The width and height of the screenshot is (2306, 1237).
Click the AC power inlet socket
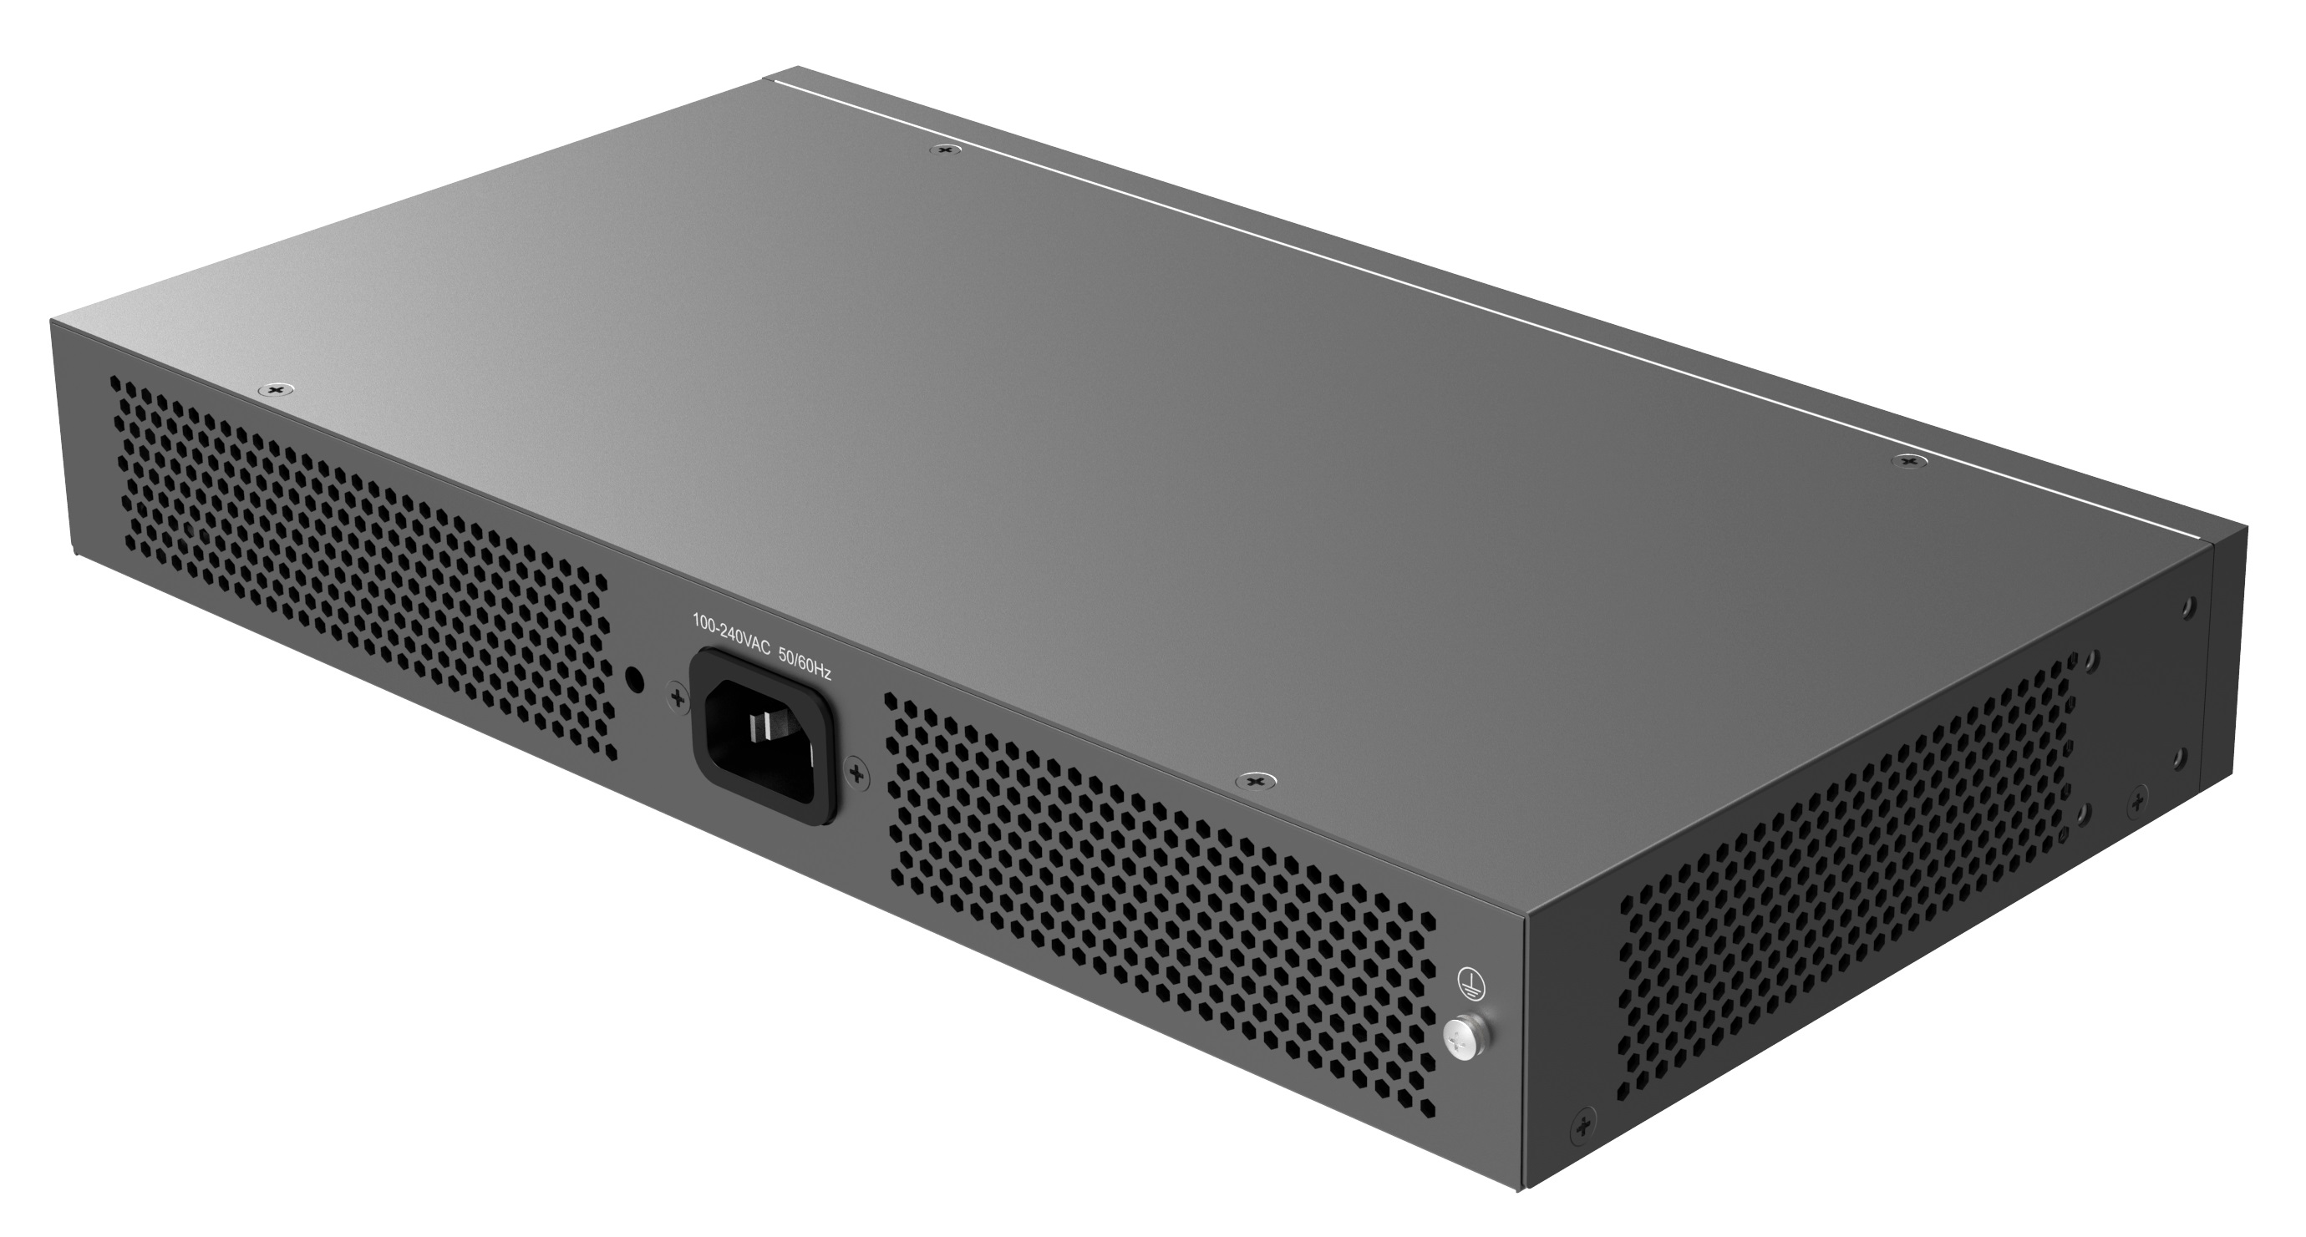point(764,736)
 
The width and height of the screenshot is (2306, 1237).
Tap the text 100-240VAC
point(731,627)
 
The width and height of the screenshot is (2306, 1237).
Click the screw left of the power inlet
point(678,697)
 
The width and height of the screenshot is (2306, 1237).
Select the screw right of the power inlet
point(856,772)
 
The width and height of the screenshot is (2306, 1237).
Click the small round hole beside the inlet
point(635,679)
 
